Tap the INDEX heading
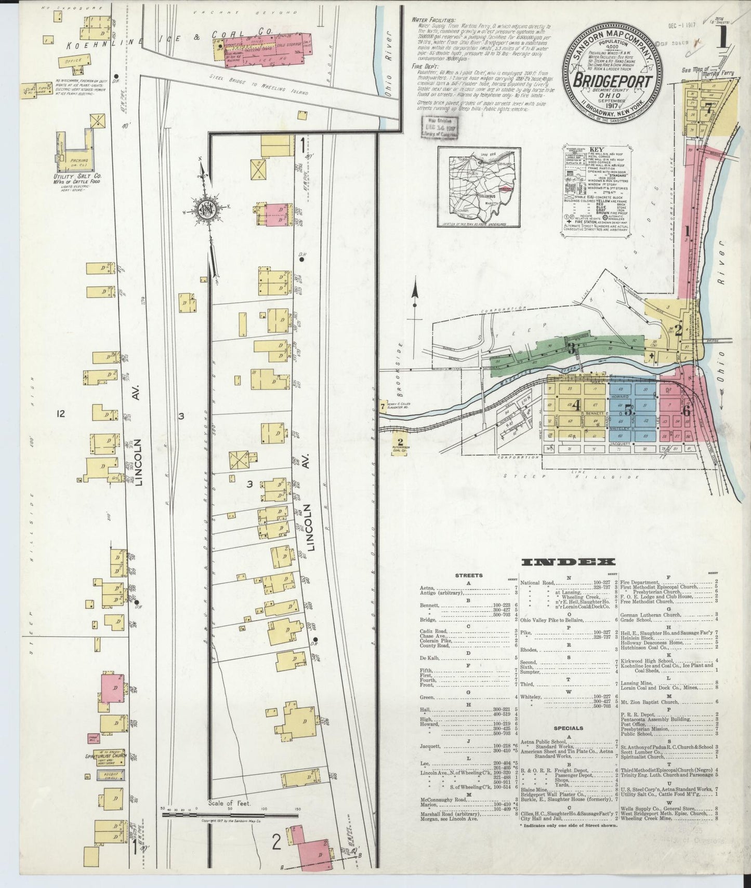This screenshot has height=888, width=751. [x=568, y=562]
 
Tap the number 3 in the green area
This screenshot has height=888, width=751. [x=571, y=349]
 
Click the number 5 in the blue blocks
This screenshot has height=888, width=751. [x=628, y=409]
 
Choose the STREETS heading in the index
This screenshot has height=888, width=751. [x=469, y=575]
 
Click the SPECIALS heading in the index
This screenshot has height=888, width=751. [x=569, y=728]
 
